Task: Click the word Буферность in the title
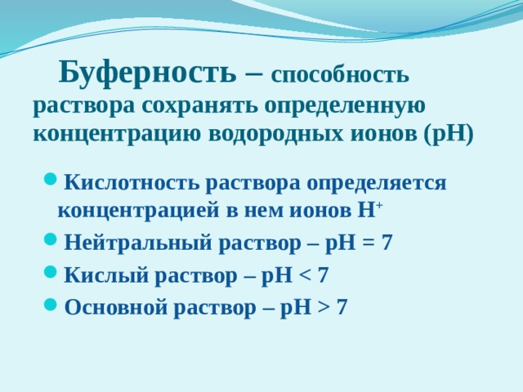(147, 73)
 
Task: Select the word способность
(340, 75)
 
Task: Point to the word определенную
(345, 107)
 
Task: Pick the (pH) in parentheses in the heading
(449, 135)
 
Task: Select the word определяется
(376, 184)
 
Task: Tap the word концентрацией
(139, 211)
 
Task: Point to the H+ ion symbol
(369, 210)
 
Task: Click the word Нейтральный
(138, 243)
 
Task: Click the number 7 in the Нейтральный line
(387, 243)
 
